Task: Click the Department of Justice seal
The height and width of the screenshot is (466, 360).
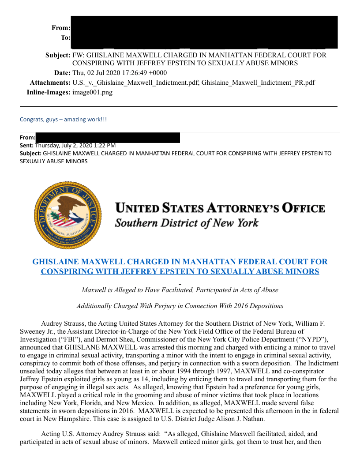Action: click(x=67, y=214)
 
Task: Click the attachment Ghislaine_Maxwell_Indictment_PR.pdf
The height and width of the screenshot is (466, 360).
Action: click(x=258, y=83)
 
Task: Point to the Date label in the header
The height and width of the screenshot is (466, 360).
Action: click(x=62, y=72)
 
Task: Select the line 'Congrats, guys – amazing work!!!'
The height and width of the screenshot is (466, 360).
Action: click(x=63, y=119)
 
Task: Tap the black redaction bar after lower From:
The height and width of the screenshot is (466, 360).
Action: click(x=108, y=138)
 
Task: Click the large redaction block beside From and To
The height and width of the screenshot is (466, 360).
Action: click(x=204, y=32)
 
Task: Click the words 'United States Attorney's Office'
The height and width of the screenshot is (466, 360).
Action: click(x=220, y=208)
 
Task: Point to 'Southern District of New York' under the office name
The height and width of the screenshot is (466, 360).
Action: click(x=187, y=222)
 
